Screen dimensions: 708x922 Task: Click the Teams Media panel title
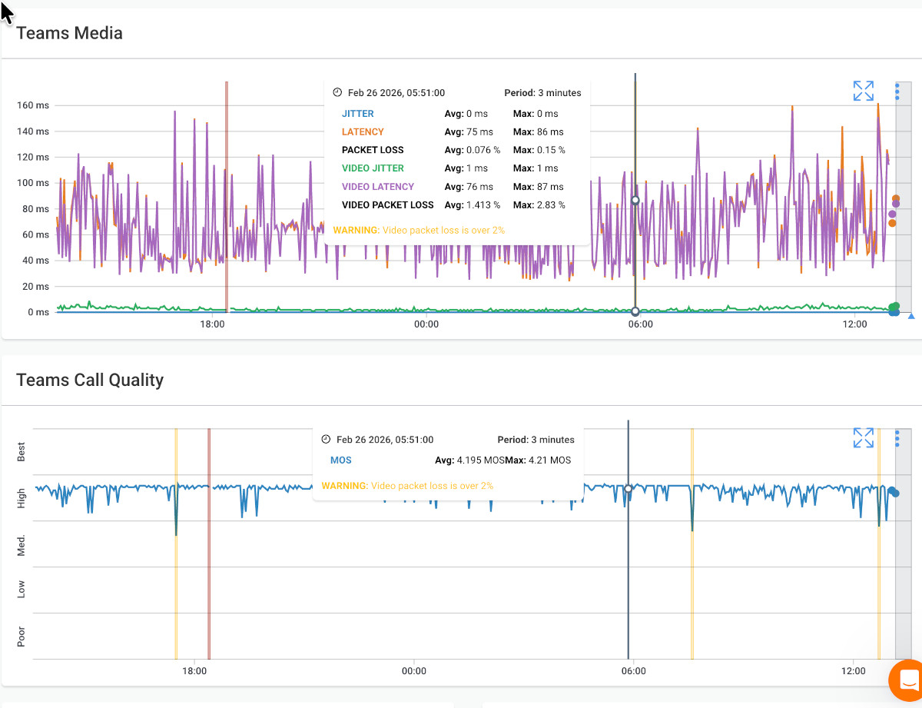click(69, 33)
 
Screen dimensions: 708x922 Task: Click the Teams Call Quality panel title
click(90, 380)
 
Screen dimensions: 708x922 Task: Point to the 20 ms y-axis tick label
click(34, 287)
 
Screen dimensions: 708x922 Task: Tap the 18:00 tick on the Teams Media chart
click(212, 324)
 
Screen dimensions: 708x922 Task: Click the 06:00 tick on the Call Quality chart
click(633, 670)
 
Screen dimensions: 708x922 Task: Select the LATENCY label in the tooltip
click(363, 132)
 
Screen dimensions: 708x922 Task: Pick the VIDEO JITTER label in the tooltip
click(373, 168)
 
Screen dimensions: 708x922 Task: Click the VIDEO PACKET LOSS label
click(387, 205)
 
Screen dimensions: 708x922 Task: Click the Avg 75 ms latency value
click(469, 132)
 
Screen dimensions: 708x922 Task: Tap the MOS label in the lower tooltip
click(341, 460)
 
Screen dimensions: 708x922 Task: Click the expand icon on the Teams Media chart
click(864, 91)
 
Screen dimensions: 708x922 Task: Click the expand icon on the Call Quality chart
click(864, 438)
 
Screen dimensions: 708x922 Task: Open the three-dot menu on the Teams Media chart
click(897, 91)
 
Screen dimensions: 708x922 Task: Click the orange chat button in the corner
click(907, 680)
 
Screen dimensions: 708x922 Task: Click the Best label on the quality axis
click(22, 451)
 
